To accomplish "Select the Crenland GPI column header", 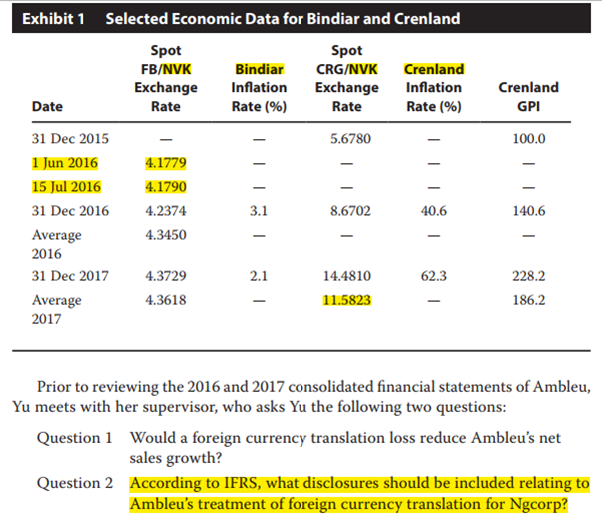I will [527, 97].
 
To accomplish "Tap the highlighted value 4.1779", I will [166, 162].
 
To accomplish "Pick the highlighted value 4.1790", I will [166, 187].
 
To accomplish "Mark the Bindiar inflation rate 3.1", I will [259, 211].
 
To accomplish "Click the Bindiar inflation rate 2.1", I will [259, 275].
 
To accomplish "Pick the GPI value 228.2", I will [527, 275].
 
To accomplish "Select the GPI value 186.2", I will [527, 300].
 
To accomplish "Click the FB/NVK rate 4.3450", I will [166, 235].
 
